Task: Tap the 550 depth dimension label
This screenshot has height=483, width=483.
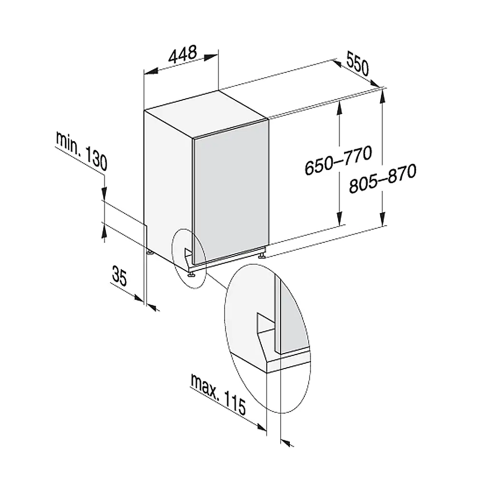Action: pos(357,63)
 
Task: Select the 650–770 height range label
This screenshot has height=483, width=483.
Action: pos(338,160)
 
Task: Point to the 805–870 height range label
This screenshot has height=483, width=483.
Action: pos(383,179)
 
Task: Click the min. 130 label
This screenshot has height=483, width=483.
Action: pos(82,151)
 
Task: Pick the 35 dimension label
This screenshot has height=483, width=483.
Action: pos(119,276)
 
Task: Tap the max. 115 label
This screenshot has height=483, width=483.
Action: pos(218,394)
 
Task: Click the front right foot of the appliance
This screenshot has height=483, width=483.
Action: pos(262,256)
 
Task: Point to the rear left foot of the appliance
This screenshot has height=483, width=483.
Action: pos(150,253)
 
